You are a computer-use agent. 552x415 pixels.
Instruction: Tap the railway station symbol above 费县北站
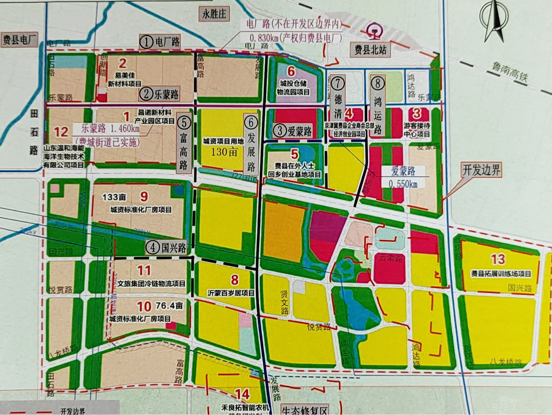click(x=374, y=31)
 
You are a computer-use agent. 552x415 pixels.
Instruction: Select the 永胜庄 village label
click(x=214, y=14)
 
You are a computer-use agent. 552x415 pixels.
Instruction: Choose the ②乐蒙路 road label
click(x=159, y=94)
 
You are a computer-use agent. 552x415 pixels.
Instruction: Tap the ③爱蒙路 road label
click(x=292, y=131)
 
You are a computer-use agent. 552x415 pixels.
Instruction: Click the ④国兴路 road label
click(x=166, y=248)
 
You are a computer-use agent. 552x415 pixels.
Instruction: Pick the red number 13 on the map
click(x=498, y=259)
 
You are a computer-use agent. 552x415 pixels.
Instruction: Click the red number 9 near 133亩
click(x=144, y=197)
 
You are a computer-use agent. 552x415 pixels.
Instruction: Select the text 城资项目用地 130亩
click(x=223, y=147)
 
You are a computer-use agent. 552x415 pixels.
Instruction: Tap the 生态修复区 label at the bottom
click(x=304, y=410)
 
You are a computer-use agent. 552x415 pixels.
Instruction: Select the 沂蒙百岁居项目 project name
click(x=231, y=293)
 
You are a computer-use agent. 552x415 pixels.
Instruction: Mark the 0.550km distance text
click(x=403, y=184)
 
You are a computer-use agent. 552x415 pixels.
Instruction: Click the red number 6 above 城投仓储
click(x=291, y=71)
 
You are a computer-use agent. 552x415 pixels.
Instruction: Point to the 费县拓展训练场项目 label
click(x=501, y=274)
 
